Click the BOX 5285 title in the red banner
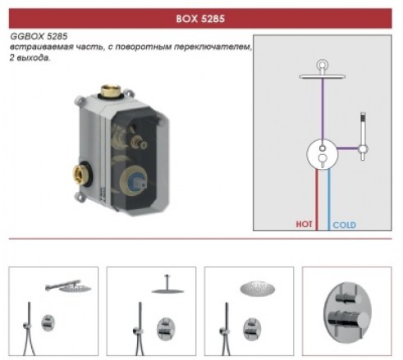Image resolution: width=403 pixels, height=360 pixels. pyautogui.click(x=200, y=19)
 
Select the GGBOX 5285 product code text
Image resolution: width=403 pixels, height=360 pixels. pyautogui.click(x=39, y=36)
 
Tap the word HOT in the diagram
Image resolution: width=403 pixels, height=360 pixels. pyautogui.click(x=304, y=225)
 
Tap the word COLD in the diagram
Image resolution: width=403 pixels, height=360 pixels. pyautogui.click(x=344, y=225)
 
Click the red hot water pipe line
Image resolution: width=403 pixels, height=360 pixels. pyautogui.click(x=317, y=199)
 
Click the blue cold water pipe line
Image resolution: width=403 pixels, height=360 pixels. pyautogui.click(x=329, y=199)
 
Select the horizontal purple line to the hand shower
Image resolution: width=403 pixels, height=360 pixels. pyautogui.click(x=348, y=148)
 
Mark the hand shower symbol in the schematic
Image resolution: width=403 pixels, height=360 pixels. pyautogui.click(x=363, y=136)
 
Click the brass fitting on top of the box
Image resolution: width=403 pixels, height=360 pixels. pyautogui.click(x=111, y=91)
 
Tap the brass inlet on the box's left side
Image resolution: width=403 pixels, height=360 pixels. pyautogui.click(x=80, y=174)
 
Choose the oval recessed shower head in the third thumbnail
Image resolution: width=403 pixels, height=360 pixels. pyautogui.click(x=257, y=289)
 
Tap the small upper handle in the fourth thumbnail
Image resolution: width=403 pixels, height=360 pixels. pyautogui.click(x=346, y=298)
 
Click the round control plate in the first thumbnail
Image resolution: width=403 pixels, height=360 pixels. pyautogui.click(x=48, y=323)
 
